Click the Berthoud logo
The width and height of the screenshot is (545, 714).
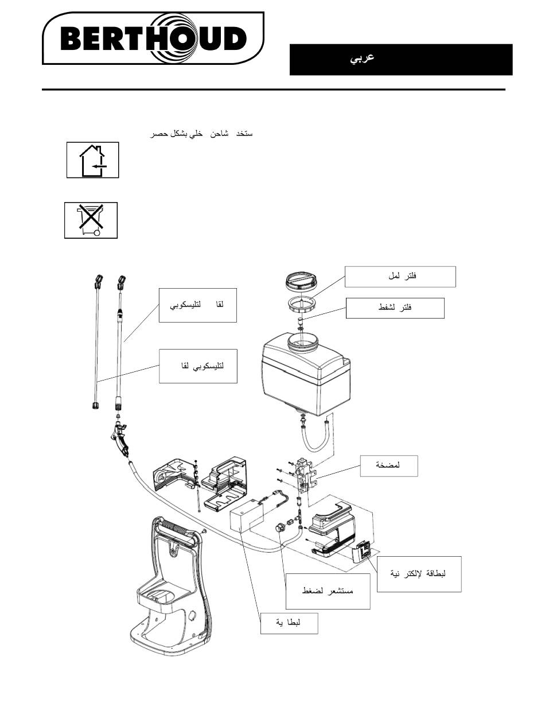(x=153, y=39)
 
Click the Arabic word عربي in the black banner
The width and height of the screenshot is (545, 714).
(x=362, y=59)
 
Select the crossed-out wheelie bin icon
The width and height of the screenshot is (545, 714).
(x=90, y=220)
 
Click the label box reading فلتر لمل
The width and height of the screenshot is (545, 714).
(x=400, y=277)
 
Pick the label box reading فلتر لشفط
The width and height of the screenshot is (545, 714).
(x=395, y=308)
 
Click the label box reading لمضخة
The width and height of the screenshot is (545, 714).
(x=388, y=465)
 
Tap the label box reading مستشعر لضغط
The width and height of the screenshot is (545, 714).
(x=328, y=591)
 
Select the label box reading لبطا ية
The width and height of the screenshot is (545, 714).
(x=289, y=623)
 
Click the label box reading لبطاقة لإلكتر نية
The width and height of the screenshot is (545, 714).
(x=419, y=573)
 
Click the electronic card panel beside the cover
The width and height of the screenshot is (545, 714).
(x=363, y=553)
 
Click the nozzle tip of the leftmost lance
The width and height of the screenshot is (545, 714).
(x=96, y=281)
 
